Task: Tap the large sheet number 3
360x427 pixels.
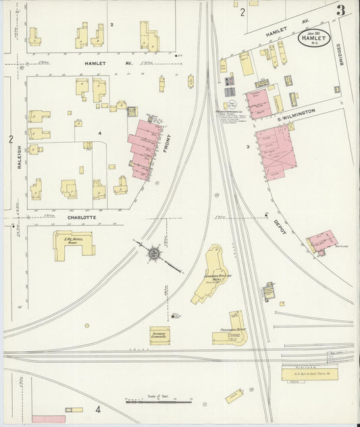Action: pos(341,10)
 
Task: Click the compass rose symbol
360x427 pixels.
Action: pos(154,253)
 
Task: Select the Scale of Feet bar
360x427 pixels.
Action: pos(159,401)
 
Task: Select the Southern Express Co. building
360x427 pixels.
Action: pos(160,335)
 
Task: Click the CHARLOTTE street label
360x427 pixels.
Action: pos(83,218)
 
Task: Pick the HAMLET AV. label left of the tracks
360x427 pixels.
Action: pos(100,62)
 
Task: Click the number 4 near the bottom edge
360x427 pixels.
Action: pos(98,409)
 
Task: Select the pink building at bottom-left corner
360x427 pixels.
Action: pos(49,419)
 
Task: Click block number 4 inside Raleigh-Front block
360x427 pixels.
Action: pos(99,133)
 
